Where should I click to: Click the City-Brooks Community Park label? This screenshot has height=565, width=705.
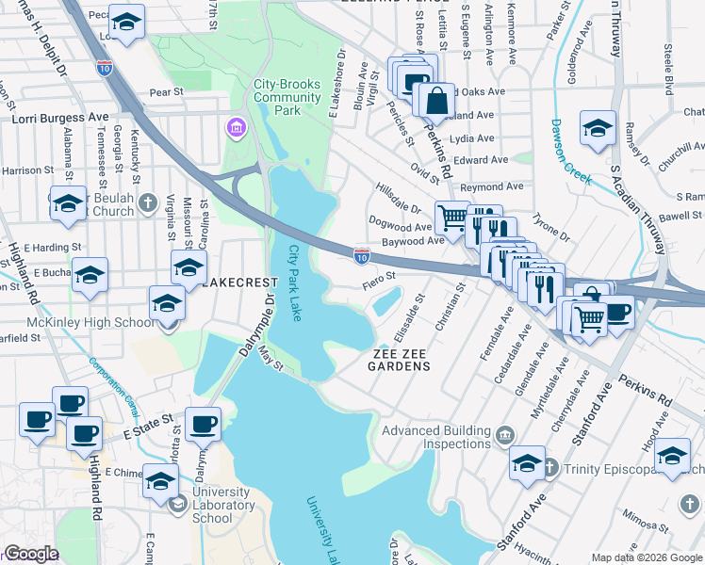pos(276,97)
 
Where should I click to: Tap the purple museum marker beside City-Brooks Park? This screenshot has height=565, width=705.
pos(236,126)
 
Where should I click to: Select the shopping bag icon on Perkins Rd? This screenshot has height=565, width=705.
pos(438,99)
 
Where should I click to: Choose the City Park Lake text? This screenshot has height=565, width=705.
pos(295,282)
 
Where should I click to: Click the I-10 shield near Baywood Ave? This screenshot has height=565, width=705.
pos(362,255)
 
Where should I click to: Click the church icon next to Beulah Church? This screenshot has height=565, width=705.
pos(147,202)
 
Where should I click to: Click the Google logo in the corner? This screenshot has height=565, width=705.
pos(31,554)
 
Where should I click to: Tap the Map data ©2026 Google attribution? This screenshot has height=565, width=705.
pos(646,557)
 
